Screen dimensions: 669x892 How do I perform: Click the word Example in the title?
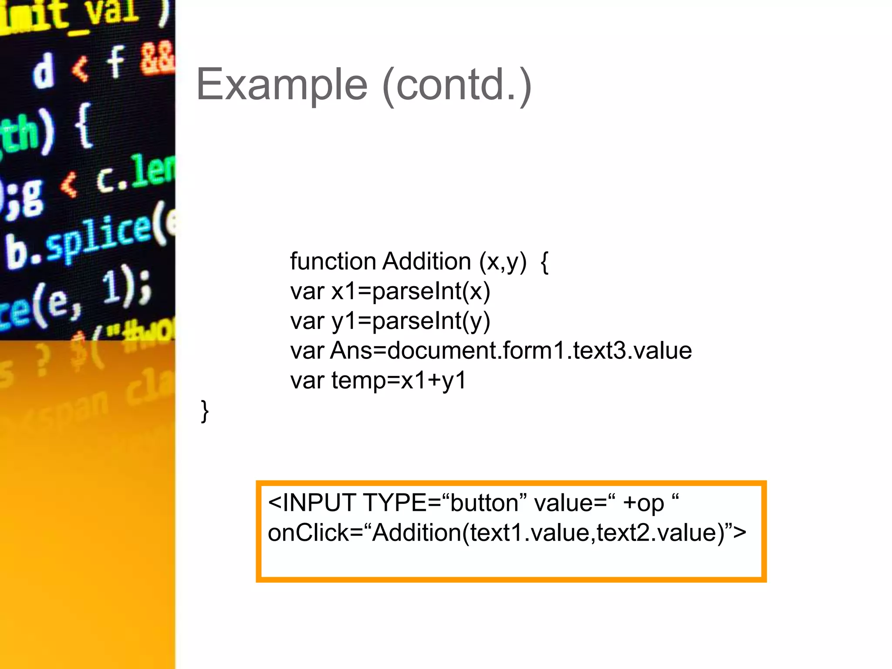(x=282, y=85)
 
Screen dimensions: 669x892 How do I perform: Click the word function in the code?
(x=333, y=262)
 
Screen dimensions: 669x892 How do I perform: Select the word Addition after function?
(x=427, y=262)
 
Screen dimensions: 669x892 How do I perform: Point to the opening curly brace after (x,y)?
(x=544, y=263)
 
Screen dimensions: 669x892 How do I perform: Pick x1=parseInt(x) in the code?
(x=411, y=291)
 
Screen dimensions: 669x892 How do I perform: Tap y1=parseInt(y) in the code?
(x=411, y=321)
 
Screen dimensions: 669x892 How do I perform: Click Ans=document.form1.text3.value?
(x=511, y=351)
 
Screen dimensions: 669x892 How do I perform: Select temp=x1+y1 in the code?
(x=399, y=380)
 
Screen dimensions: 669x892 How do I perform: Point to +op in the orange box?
(x=643, y=504)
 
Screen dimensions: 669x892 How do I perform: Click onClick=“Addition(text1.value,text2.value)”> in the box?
(x=507, y=533)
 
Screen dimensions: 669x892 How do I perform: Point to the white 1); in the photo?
(x=126, y=287)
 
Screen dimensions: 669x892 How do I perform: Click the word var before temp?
(x=307, y=380)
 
